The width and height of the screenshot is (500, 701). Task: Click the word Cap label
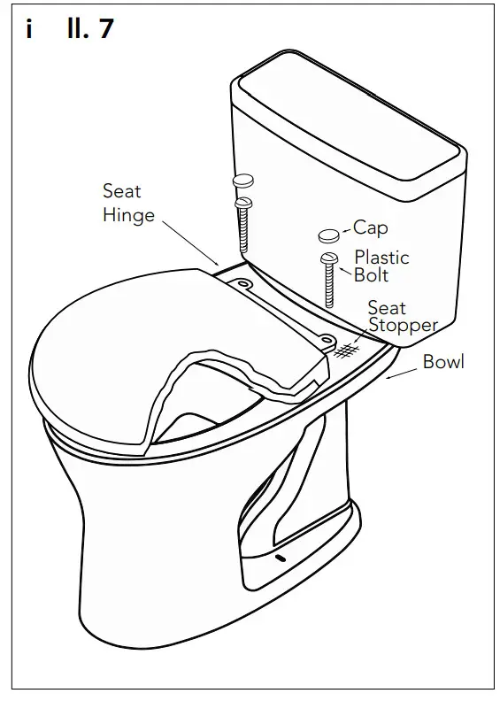(372, 228)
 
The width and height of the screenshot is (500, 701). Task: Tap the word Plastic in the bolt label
(381, 258)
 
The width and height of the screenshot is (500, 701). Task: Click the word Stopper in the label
(403, 325)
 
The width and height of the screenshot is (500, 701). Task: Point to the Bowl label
(443, 361)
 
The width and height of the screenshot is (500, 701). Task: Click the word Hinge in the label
(128, 215)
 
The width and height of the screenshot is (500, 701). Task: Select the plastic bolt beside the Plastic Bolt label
(329, 279)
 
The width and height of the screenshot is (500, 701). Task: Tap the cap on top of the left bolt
(243, 180)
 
